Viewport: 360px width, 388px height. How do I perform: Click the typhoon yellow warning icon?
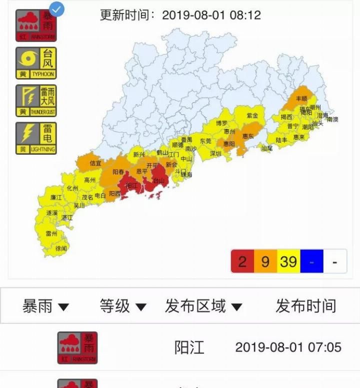point(36,63)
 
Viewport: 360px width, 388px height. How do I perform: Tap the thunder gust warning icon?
point(36,101)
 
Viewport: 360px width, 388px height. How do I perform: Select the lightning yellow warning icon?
point(36,138)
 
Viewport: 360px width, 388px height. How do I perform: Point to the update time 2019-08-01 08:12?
point(180,15)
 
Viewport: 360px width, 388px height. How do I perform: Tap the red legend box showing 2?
point(242,261)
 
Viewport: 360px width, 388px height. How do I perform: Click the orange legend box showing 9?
point(265,261)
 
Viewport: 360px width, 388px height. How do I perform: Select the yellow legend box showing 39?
point(288,261)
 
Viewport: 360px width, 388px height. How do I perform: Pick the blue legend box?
point(311,261)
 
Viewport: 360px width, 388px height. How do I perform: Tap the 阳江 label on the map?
point(131,185)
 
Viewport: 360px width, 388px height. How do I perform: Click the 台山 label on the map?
point(158,181)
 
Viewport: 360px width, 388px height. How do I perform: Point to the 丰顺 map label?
point(301,99)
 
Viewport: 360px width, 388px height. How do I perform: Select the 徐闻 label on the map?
point(61,248)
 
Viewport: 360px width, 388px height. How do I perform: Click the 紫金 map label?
point(252,116)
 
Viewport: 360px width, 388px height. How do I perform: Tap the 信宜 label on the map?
point(95,163)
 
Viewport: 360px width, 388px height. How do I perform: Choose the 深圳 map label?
point(215,154)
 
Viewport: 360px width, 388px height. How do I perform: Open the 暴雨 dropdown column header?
point(45,306)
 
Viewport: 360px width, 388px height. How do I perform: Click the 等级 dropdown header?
point(123,306)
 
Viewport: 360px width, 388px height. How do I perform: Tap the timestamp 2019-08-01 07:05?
point(288,347)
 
